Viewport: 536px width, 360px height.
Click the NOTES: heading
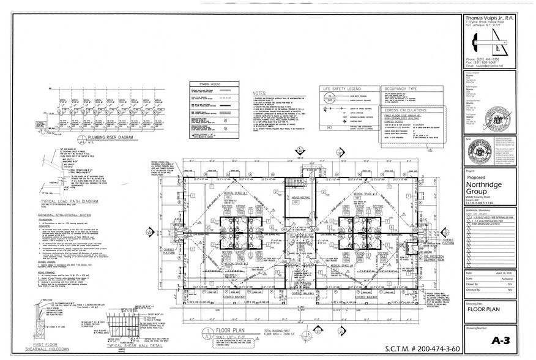coord(259,94)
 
